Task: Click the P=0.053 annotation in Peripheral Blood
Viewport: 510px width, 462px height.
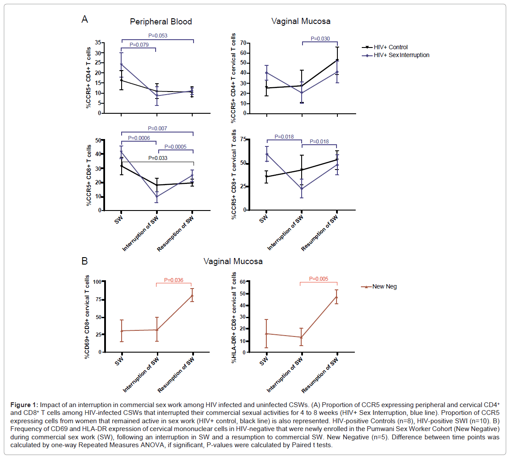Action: tap(157, 36)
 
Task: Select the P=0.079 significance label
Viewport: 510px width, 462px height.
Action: tap(139, 45)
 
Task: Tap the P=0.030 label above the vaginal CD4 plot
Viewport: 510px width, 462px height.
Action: tap(320, 39)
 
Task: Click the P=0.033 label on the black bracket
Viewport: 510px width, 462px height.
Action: tap(157, 158)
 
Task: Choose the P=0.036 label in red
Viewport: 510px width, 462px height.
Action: tap(173, 280)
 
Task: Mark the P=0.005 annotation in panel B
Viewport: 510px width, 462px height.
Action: tap(318, 279)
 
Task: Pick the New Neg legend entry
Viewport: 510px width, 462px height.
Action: tap(384, 286)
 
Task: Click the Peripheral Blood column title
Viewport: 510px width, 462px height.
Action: tap(161, 21)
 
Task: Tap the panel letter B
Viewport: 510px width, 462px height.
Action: tap(85, 261)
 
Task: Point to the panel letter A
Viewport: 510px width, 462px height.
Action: tap(85, 19)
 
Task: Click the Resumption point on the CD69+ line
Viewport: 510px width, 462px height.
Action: tap(192, 296)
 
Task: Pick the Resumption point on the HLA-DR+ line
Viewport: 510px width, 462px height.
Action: tap(337, 297)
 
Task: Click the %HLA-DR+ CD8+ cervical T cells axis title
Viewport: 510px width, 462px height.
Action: tap(235, 317)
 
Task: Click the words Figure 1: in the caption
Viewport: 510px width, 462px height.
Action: tap(24, 405)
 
